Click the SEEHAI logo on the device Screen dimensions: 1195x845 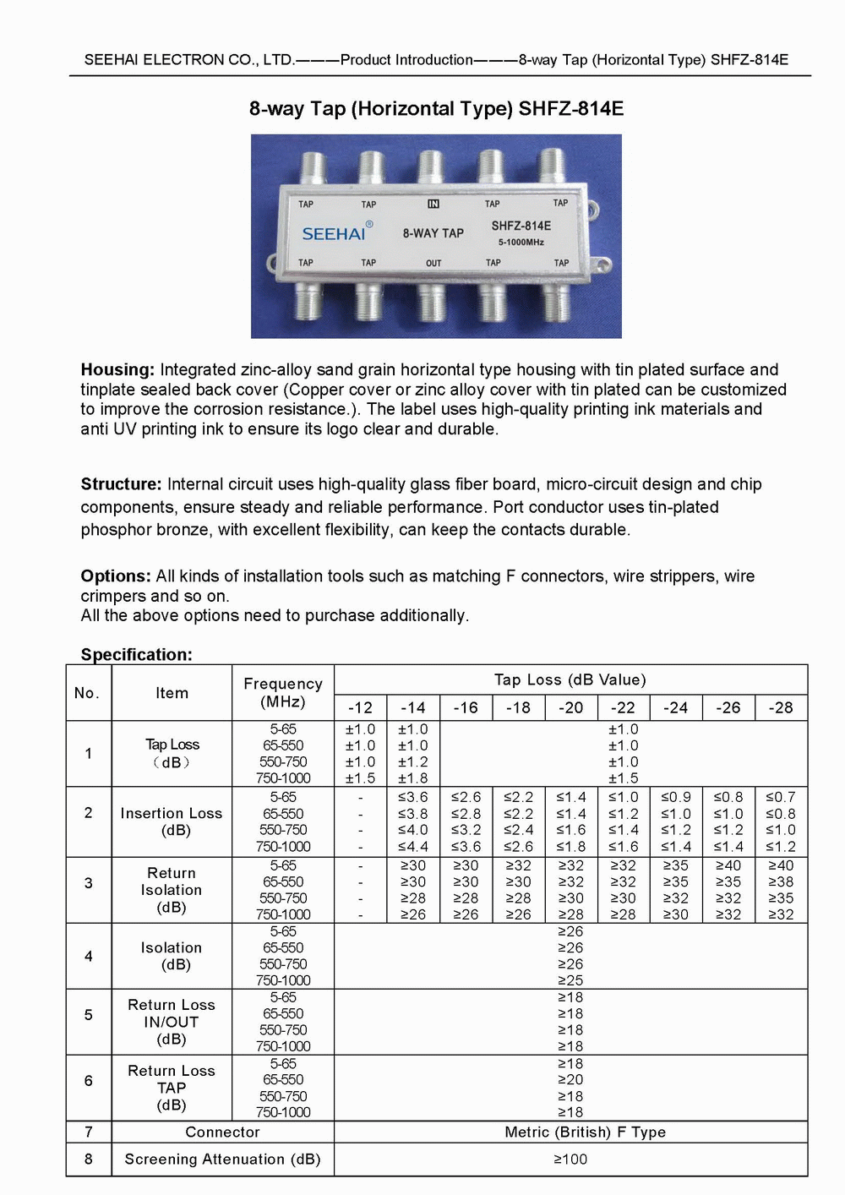coord(334,233)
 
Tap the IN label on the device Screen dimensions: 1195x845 coord(433,204)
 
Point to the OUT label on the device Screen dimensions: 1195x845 coord(433,263)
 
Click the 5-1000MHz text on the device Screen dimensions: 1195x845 coord(521,243)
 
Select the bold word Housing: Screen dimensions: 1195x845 coord(117,369)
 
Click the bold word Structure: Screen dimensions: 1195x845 coord(121,484)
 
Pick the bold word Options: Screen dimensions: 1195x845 coord(116,576)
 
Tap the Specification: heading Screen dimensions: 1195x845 coord(136,655)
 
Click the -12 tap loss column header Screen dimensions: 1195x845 coord(360,708)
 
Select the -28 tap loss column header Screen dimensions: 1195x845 coord(781,708)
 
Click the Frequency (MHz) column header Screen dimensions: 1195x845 coord(283,693)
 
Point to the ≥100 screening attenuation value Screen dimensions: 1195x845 coord(570,1160)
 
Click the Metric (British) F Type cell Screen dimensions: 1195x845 coord(585,1132)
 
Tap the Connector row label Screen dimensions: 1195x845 coord(222,1132)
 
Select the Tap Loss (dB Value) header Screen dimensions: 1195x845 coord(570,680)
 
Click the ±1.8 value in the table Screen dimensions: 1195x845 coord(413,778)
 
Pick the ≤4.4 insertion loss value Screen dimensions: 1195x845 coord(413,847)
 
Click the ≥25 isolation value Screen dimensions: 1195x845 coord(570,980)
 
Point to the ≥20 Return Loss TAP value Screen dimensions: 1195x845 coord(570,1080)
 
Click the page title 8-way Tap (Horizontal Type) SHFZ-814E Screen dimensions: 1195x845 coord(436,109)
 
